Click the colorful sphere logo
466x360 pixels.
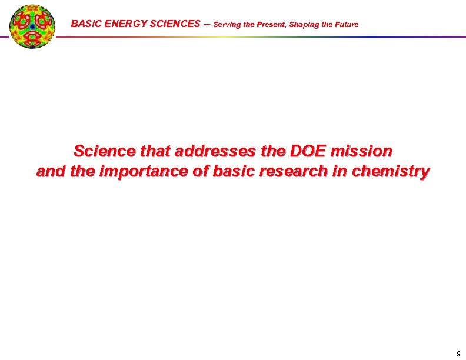(x=32, y=25)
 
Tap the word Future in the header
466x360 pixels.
(x=346, y=25)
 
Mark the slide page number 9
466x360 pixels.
(x=458, y=354)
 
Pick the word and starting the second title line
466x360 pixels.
(x=49, y=172)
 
